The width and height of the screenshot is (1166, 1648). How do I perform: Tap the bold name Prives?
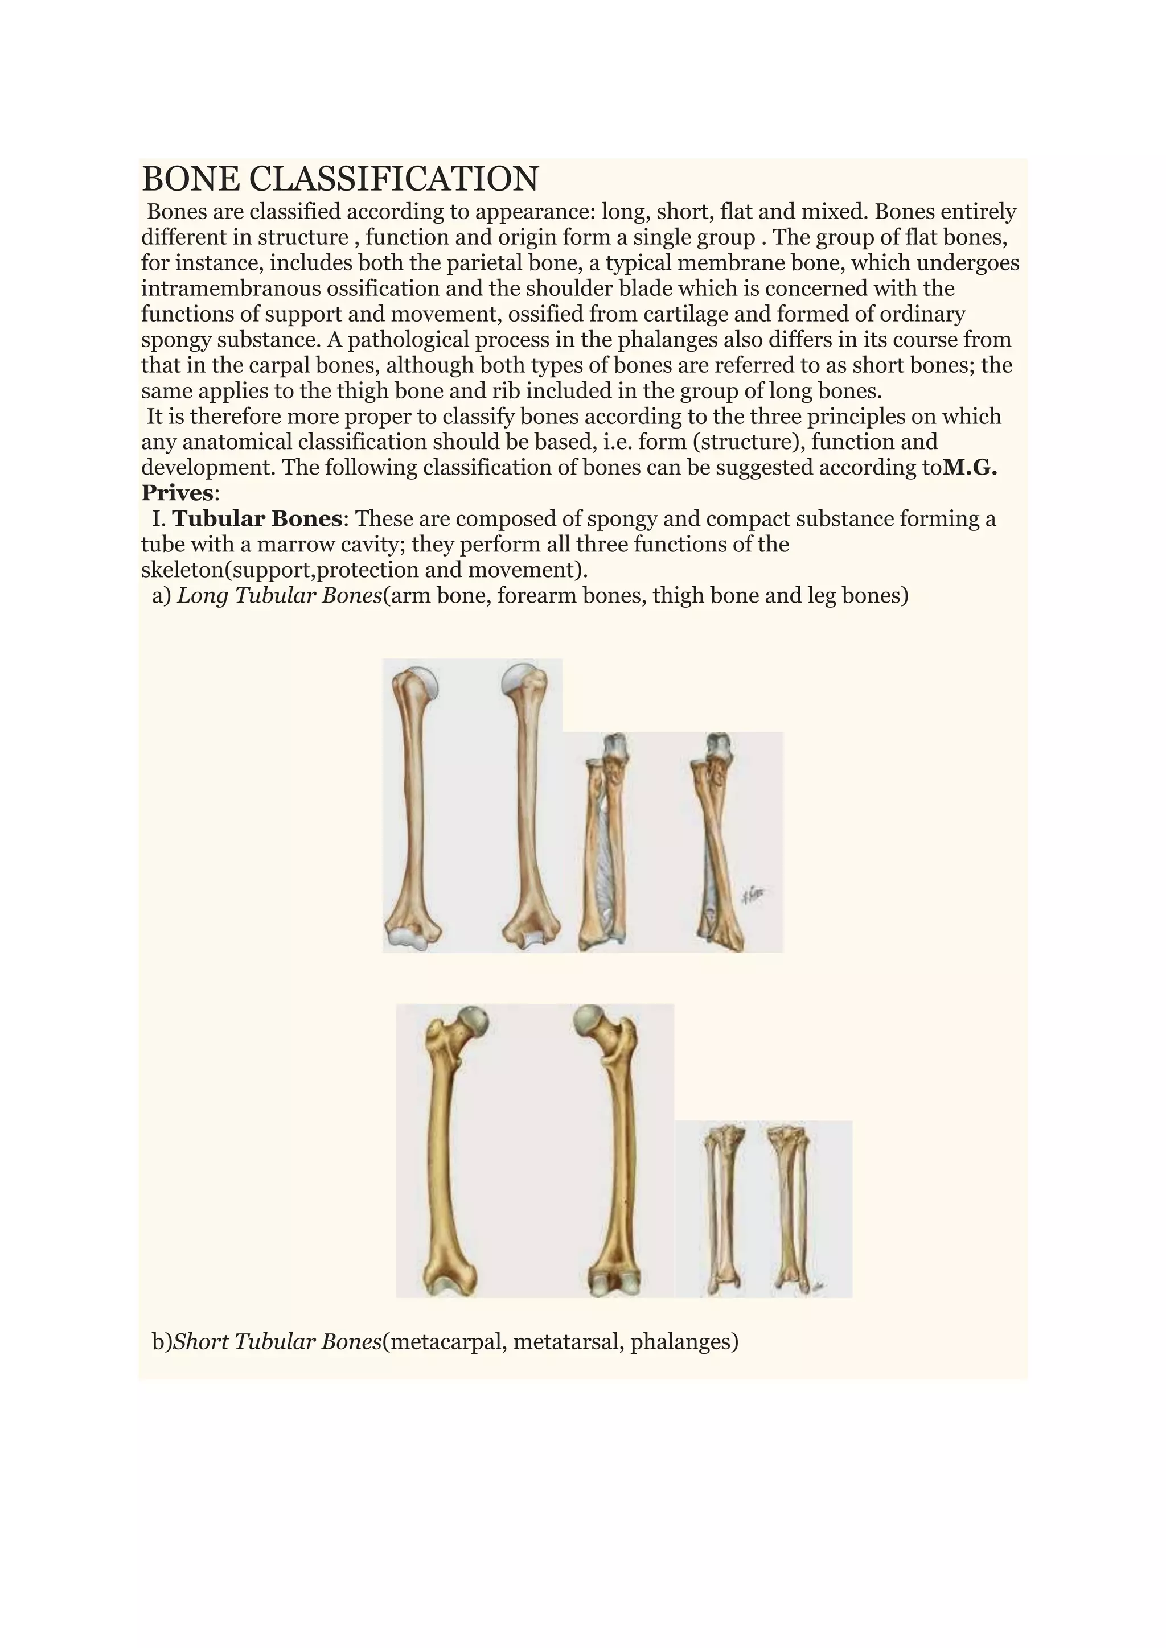coord(177,493)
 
